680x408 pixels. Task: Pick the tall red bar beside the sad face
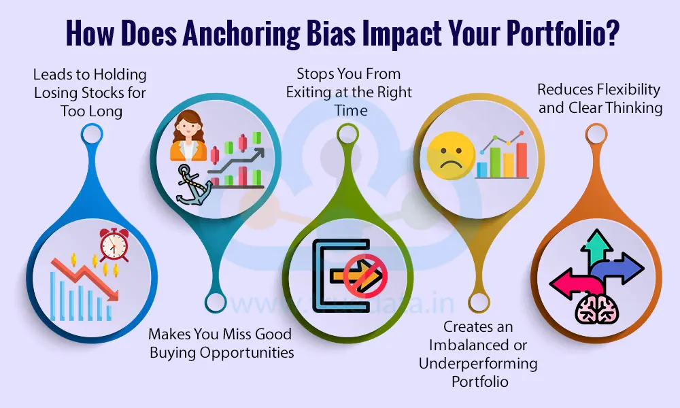click(522, 159)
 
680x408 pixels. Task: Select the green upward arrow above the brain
click(598, 248)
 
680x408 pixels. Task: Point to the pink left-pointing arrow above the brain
click(571, 281)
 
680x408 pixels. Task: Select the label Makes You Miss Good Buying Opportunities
click(220, 343)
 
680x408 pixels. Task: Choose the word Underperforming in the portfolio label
click(478, 363)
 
